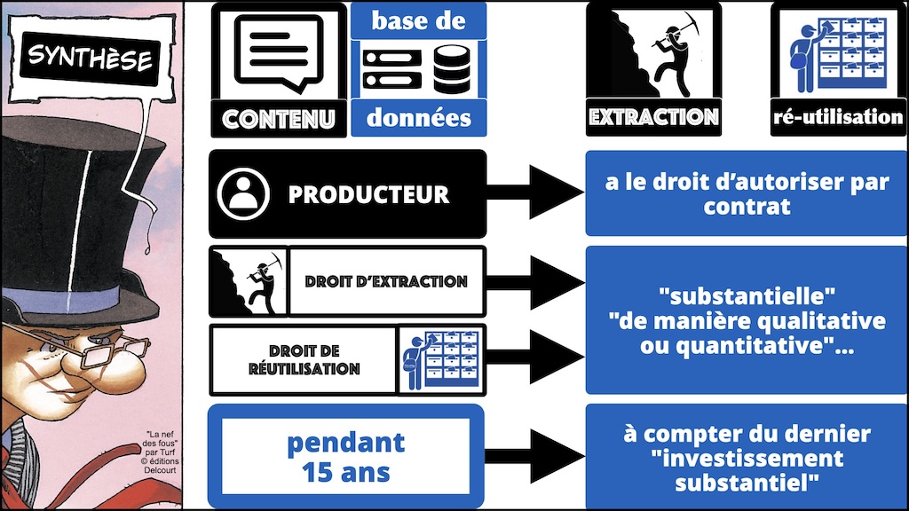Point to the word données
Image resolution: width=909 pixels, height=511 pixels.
(419, 117)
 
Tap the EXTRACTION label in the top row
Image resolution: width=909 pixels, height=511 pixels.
(653, 117)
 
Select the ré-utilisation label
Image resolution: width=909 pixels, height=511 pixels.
(838, 116)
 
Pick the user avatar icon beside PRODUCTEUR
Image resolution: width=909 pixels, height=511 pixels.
(241, 193)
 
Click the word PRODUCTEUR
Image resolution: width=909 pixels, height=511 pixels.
(368, 194)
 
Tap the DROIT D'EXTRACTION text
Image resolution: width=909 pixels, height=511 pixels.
(386, 282)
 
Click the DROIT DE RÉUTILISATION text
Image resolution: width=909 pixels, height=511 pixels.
(304, 360)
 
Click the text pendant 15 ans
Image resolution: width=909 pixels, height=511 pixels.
(345, 456)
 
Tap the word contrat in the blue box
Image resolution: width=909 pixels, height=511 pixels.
(746, 208)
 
